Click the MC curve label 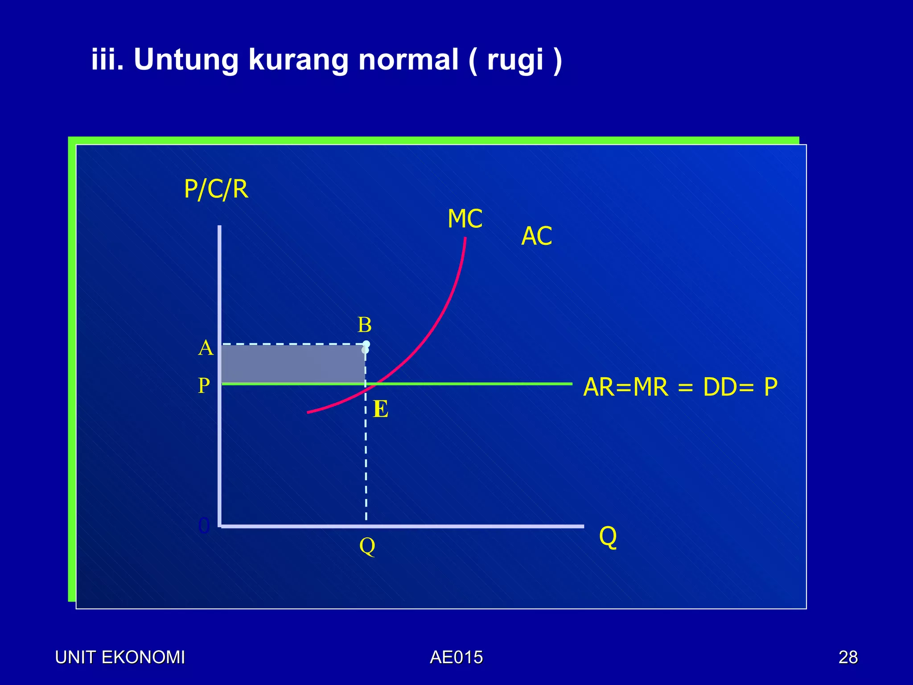465,219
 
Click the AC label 537,236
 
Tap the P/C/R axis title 216,189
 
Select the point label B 365,325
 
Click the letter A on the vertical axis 206,348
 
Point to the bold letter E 381,409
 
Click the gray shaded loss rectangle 293,364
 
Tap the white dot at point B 366,344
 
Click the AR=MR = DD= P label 680,387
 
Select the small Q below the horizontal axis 367,545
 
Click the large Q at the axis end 608,536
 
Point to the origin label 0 204,526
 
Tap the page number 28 848,657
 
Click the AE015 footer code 456,657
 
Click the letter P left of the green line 204,385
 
